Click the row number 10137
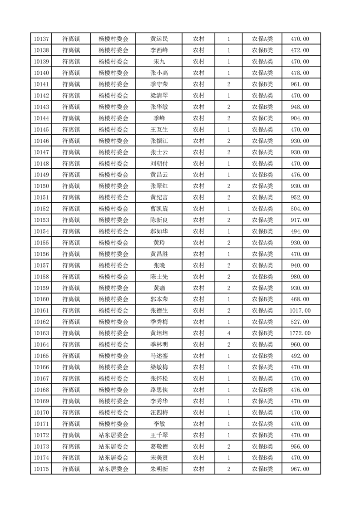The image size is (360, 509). point(41,39)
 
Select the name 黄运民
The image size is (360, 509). point(159,39)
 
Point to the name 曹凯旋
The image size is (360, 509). point(159,209)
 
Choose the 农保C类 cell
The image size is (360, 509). point(262,118)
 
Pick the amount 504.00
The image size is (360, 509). point(300,209)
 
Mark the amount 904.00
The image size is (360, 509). point(300,118)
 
